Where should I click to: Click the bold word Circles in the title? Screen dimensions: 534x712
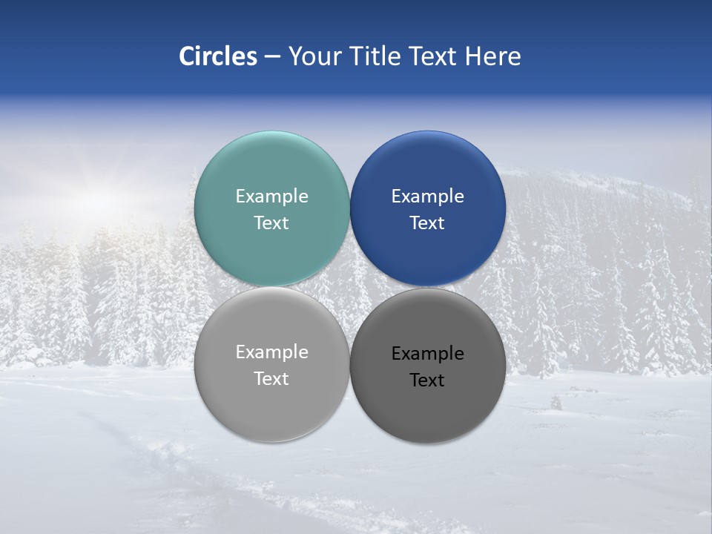217,56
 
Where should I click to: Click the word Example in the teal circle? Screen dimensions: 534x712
271,197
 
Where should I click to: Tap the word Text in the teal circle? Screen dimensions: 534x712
271,223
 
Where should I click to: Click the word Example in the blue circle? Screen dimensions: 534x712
427,197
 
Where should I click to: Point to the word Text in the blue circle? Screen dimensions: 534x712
427,223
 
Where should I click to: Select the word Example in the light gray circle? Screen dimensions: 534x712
271,352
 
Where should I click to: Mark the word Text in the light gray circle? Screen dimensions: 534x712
271,379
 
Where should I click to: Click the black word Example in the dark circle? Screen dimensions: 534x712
427,354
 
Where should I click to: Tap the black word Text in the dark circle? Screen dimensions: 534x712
427,380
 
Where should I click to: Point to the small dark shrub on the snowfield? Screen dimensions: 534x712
556,403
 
